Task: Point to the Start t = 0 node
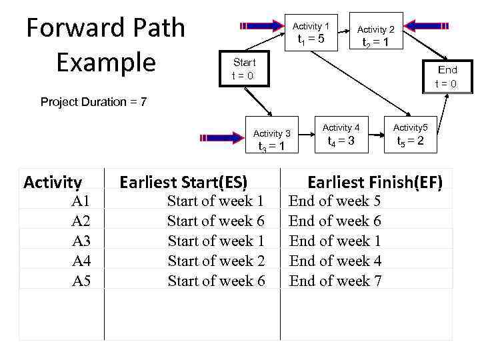pos(243,69)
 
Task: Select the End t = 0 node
pos(446,77)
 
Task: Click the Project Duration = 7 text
pos(93,102)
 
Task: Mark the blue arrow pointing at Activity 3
pos(221,138)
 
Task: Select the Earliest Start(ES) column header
pos(183,182)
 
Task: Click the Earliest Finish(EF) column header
pos(374,182)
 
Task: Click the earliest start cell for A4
pos(216,261)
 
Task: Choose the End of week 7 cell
pos(335,281)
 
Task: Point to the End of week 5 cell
pos(335,201)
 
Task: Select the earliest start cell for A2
pos(216,221)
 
